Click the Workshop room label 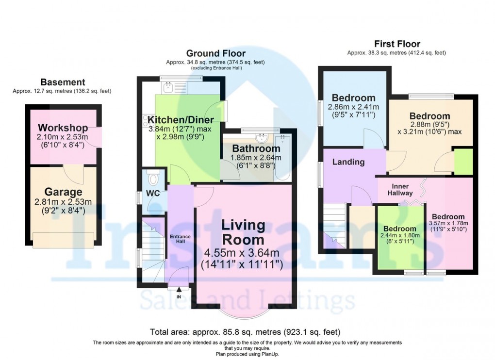coord(63,128)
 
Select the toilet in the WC coord(154,180)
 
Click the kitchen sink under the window coord(168,87)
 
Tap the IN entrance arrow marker coord(178,291)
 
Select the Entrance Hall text coord(181,239)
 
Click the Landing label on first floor coord(348,162)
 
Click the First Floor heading coord(396,44)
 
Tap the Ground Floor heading coord(215,53)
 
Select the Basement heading coord(63,82)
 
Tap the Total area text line coord(245,332)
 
